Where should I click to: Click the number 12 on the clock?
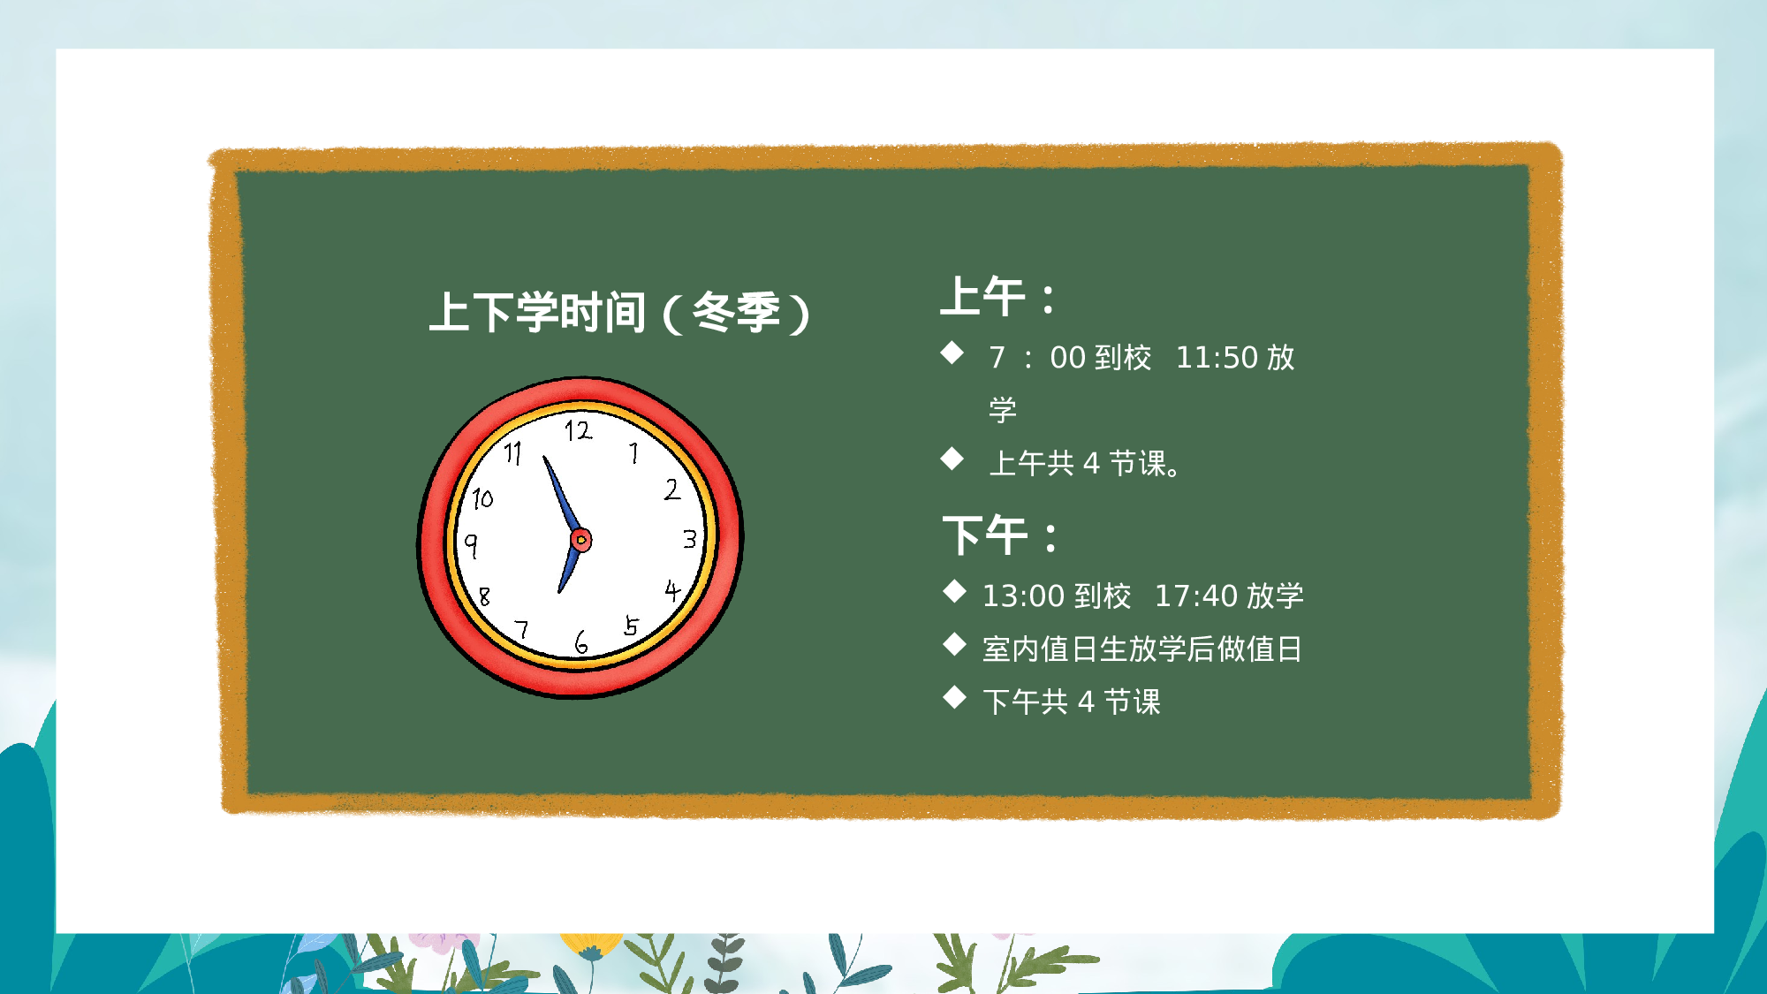pos(579,431)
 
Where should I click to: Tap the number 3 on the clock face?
pos(690,539)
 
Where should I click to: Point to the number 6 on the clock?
pos(580,642)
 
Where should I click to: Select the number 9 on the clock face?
pos(472,544)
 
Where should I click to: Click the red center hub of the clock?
pos(580,540)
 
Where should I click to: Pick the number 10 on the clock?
pos(482,499)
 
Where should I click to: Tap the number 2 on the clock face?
pos(672,489)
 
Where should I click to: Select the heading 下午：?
pos(1000,535)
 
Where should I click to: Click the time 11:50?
pos(1217,358)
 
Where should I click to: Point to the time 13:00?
pos(1023,596)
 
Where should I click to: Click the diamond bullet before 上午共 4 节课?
pos(952,459)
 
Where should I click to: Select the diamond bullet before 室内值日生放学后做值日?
pos(954,645)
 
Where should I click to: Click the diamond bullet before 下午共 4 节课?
pos(954,698)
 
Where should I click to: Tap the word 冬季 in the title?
pos(736,312)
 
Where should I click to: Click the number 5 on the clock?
pos(631,626)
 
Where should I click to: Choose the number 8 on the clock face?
pos(484,596)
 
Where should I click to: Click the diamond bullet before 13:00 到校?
pos(954,592)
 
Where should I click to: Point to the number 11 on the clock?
pos(513,453)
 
